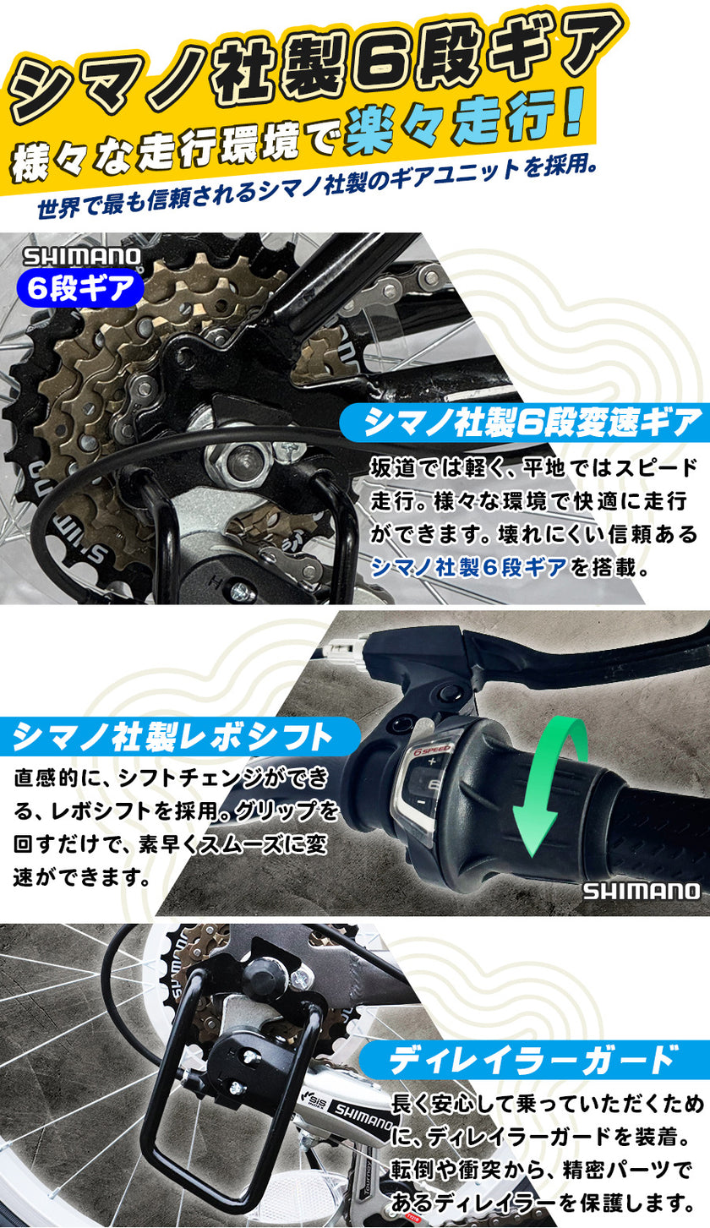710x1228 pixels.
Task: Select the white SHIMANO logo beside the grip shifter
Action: pos(641,891)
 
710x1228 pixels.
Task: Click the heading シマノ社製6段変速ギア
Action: pos(532,421)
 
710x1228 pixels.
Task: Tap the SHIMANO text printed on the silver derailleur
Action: pos(362,1117)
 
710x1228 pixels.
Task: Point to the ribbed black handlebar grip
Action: pos(651,828)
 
